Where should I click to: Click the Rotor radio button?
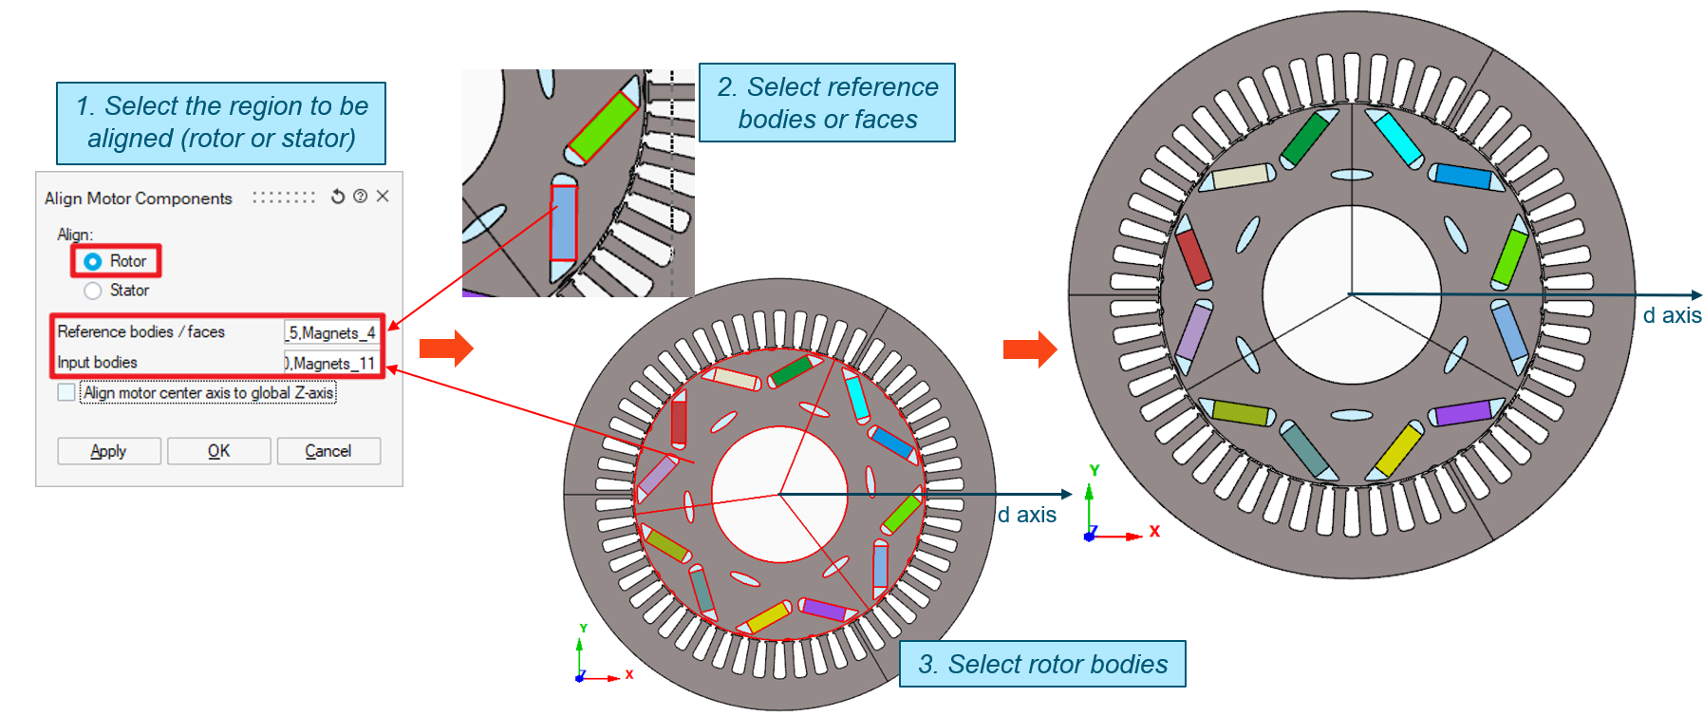[x=93, y=261]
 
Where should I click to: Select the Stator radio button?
[x=93, y=291]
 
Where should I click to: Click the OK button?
[x=218, y=451]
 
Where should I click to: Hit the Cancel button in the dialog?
[x=328, y=451]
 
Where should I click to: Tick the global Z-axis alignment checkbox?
[x=66, y=392]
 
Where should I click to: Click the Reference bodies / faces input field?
[x=331, y=332]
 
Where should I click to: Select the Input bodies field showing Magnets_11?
[x=331, y=363]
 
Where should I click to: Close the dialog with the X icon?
[x=383, y=197]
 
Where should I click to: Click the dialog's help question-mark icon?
[x=360, y=197]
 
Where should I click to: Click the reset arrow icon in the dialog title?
[x=338, y=197]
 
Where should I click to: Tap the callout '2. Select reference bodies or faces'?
[x=827, y=103]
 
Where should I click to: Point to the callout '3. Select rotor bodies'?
[x=1042, y=664]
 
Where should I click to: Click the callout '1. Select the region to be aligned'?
[x=221, y=122]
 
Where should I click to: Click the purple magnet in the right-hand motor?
[x=1464, y=413]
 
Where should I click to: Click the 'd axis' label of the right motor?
[x=1672, y=316]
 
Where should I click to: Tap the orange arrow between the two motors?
[x=1030, y=349]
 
